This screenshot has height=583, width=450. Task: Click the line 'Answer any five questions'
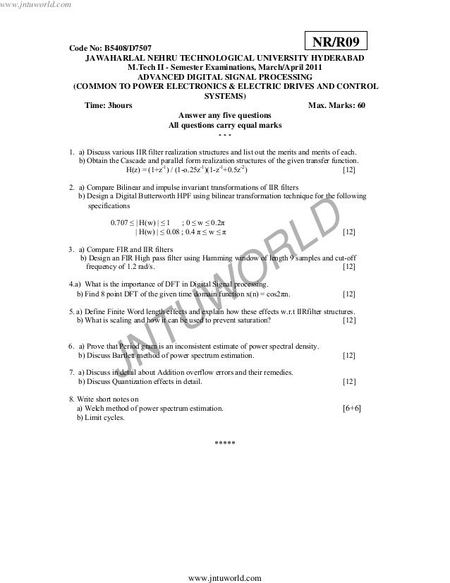click(x=224, y=115)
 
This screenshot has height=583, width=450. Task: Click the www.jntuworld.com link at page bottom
click(x=225, y=577)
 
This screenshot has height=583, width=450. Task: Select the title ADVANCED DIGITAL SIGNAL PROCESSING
click(x=224, y=77)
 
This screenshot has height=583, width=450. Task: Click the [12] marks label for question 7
click(x=348, y=382)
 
